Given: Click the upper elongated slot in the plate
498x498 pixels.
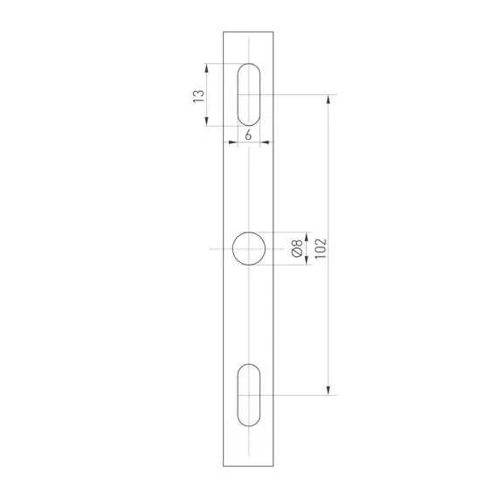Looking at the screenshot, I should click(249, 94).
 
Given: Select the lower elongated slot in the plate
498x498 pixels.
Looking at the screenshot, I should click(249, 394).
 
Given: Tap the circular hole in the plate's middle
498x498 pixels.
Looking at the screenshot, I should click(249, 249).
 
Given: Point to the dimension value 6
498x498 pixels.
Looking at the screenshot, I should click(249, 135).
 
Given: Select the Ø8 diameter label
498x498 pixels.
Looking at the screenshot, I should click(298, 249).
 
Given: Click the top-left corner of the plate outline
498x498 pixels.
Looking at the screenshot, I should click(225, 32).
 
